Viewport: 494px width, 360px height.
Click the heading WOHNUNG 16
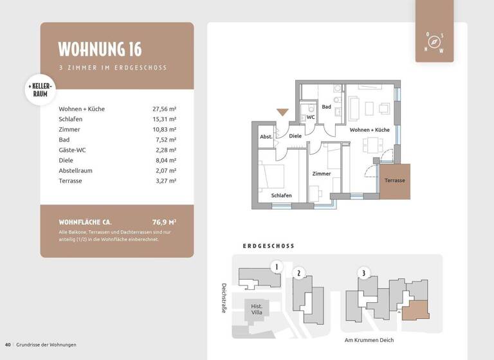[x=100, y=50]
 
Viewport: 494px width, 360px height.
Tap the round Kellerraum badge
[x=41, y=89]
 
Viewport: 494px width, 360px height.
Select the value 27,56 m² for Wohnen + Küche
[x=164, y=109]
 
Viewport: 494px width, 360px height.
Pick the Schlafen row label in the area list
[x=70, y=119]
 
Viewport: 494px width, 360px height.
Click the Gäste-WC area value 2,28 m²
[x=164, y=150]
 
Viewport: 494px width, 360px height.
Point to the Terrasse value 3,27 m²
[x=164, y=181]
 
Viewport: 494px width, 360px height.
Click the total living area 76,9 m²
[x=164, y=222]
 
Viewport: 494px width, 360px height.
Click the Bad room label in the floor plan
[x=327, y=107]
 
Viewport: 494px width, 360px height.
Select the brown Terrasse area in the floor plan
[x=394, y=181]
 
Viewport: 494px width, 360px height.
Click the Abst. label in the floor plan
[x=266, y=136]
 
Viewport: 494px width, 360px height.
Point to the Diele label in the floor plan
[x=295, y=136]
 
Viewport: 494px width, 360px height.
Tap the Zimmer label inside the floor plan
[x=321, y=174]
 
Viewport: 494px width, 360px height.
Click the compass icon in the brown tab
[x=435, y=42]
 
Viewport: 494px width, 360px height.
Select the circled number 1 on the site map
[x=276, y=266]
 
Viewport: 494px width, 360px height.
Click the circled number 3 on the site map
[x=363, y=273]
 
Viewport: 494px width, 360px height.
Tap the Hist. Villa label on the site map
[x=256, y=309]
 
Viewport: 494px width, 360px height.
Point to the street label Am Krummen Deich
[x=369, y=340]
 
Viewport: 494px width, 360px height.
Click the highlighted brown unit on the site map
[x=415, y=309]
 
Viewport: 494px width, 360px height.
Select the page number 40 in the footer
[x=8, y=345]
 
